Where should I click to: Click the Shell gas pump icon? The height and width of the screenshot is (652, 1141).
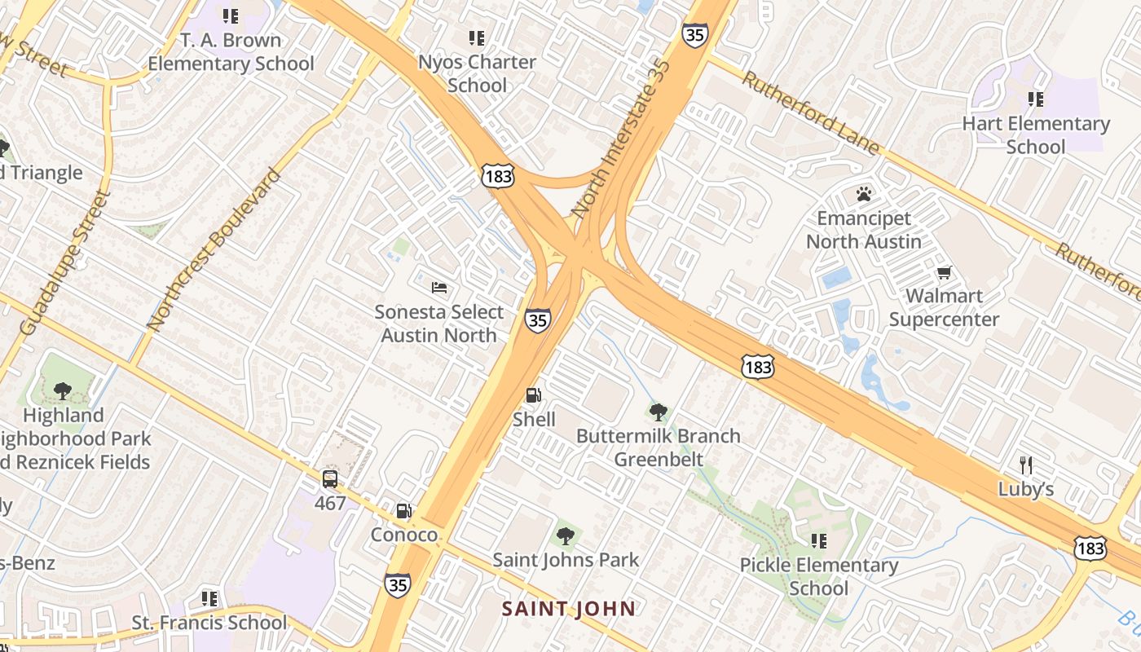pos(534,396)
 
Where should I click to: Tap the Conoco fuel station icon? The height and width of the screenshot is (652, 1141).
pos(403,512)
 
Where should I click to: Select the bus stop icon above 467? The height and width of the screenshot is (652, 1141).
pos(330,479)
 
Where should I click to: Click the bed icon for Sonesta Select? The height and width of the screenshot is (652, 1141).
pos(439,288)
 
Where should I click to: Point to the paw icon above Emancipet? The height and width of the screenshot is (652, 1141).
pos(864,194)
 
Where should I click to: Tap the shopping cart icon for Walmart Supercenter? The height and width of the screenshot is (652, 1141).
pos(944,272)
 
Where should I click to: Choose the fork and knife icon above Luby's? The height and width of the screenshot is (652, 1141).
pos(1026,465)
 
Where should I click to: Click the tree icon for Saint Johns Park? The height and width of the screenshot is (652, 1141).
pos(565,536)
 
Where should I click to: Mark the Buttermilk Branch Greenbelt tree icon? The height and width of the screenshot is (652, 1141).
pos(658,412)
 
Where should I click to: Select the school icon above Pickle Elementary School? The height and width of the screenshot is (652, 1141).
pos(819,541)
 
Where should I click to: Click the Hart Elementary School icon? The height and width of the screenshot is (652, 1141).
pos(1036,99)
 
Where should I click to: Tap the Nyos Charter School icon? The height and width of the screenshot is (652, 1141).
pos(477,37)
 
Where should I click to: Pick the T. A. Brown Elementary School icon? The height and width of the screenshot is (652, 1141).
pos(231,16)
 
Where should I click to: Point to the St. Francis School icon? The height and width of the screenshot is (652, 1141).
pos(209,599)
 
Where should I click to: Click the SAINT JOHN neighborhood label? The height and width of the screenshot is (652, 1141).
pos(568,609)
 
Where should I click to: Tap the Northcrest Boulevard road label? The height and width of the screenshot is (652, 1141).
pos(214,249)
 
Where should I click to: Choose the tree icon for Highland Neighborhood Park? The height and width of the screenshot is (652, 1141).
pos(63,391)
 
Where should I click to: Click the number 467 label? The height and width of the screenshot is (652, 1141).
pos(330,503)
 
